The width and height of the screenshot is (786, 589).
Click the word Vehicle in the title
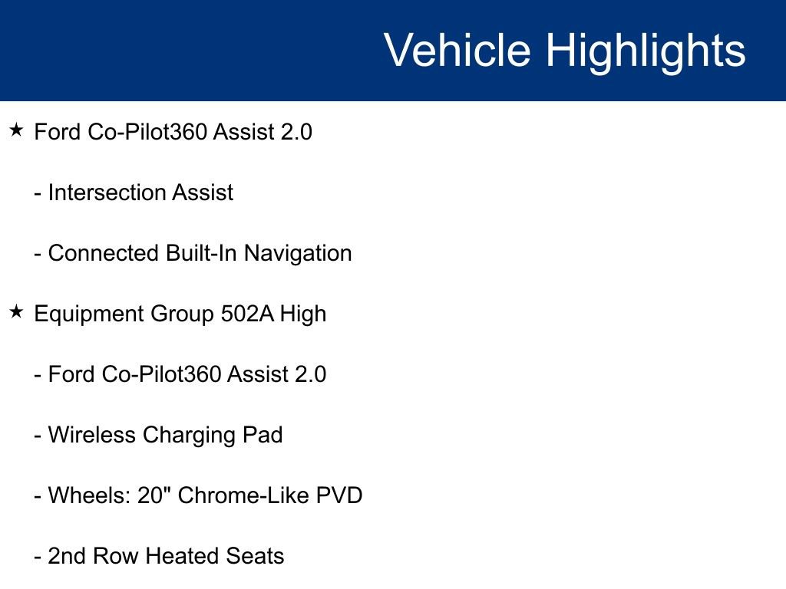pos(457,51)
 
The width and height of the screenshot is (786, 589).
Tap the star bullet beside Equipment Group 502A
pos(17,312)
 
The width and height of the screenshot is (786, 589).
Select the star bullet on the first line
pos(17,130)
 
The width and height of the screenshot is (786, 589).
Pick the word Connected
pos(104,253)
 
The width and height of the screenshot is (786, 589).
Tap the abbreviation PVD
pos(339,495)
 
